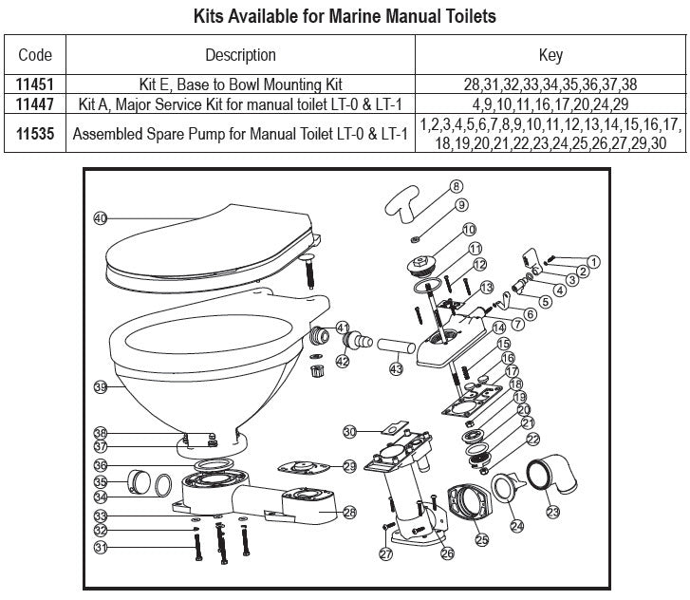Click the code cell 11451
(35, 84)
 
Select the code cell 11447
(35, 103)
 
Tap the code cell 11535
(35, 134)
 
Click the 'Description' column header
(240, 55)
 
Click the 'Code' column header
(35, 55)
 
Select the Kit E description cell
(240, 84)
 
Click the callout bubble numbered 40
(101, 218)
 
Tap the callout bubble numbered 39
(101, 386)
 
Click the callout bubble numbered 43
(397, 368)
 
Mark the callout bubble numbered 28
(349, 512)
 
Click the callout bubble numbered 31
(101, 548)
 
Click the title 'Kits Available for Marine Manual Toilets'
(345, 16)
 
